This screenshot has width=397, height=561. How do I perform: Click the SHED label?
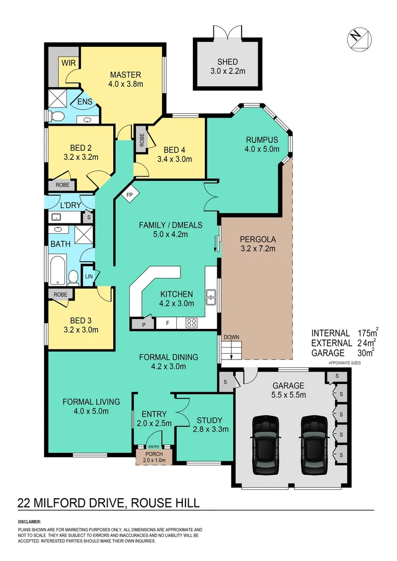pyautogui.click(x=228, y=62)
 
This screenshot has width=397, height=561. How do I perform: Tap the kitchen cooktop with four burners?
pyautogui.click(x=191, y=323)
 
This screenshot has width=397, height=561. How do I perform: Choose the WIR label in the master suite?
pyautogui.click(x=68, y=63)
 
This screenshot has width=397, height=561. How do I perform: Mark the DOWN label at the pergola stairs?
pyautogui.click(x=231, y=337)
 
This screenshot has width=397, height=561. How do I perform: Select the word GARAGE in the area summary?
pyautogui.click(x=328, y=353)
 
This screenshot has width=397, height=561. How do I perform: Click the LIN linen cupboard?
pyautogui.click(x=89, y=276)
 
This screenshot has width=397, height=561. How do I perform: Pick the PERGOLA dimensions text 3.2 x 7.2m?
pyautogui.click(x=257, y=248)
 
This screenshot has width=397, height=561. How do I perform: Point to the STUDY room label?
pyautogui.click(x=209, y=420)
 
